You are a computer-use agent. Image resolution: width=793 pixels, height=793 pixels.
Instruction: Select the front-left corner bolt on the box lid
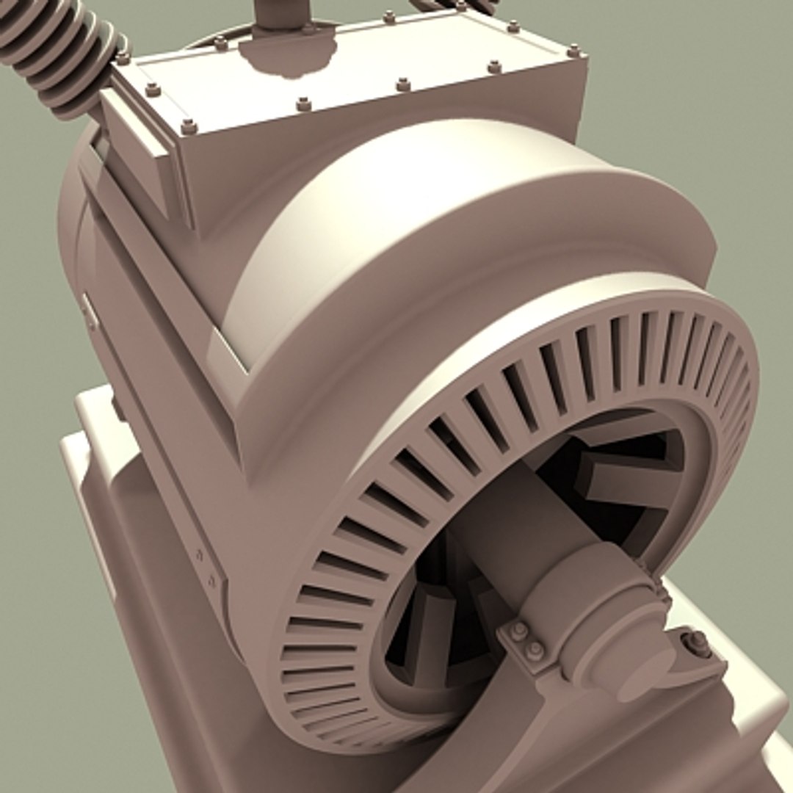[x=189, y=127]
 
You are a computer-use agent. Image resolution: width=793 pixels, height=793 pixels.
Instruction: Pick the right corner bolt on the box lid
[x=573, y=51]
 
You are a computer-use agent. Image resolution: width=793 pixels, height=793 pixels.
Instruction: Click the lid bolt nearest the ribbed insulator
[x=122, y=57]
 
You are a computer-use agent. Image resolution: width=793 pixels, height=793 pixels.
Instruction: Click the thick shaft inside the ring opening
[x=507, y=514]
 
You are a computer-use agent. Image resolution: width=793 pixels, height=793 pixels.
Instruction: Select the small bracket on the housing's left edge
[x=90, y=312]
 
